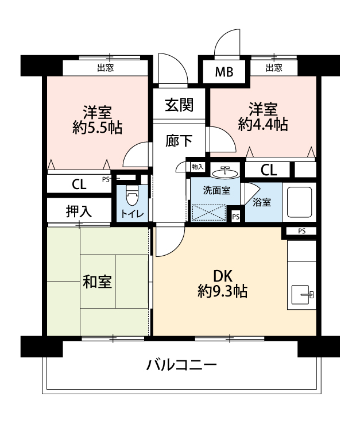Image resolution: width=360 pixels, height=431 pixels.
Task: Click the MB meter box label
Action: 224,72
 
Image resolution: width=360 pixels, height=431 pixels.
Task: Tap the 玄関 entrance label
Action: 179,105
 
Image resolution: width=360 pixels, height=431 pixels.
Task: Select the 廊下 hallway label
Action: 179,141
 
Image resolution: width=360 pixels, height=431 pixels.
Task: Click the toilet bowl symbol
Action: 133,196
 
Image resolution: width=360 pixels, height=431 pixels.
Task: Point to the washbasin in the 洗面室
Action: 225,172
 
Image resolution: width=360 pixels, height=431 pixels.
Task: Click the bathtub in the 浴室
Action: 300,202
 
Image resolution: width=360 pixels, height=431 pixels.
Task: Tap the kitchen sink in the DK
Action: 302,295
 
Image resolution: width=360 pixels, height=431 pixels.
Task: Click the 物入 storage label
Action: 198,167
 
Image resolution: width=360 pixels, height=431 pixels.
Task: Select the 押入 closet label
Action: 79,211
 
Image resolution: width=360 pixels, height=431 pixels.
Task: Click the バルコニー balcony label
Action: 182,365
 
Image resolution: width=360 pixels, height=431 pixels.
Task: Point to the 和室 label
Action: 98,282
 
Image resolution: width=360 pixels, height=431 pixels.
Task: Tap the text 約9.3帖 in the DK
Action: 222,291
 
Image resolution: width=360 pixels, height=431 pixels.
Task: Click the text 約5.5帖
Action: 98,127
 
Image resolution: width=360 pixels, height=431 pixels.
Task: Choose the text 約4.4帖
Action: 263,124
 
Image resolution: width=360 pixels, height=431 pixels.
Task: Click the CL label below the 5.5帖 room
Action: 79,184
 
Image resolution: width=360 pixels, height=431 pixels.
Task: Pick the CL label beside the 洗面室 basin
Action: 269,170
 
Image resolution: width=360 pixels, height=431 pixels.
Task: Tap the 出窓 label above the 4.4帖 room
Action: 274,68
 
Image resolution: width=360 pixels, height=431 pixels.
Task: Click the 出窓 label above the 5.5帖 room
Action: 106,68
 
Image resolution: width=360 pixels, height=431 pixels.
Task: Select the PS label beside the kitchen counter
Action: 302,231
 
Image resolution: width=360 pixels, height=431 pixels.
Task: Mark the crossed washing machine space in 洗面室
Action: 209,213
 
